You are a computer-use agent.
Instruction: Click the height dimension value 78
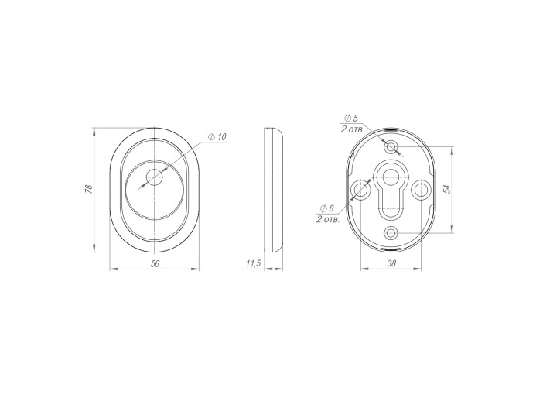pos(89,189)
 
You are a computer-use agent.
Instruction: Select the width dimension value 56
pos(155,263)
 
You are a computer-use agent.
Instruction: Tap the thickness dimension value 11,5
pos(253,263)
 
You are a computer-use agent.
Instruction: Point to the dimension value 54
pos(447,189)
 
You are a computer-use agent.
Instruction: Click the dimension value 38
pos(391,263)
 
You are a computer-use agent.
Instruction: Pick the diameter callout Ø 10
pos(217,136)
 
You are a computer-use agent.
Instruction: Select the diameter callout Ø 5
pos(351,118)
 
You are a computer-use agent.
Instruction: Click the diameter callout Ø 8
pos(327,208)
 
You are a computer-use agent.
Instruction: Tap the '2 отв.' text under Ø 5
pos(352,129)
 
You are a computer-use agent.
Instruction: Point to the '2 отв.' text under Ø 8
pos(328,220)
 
